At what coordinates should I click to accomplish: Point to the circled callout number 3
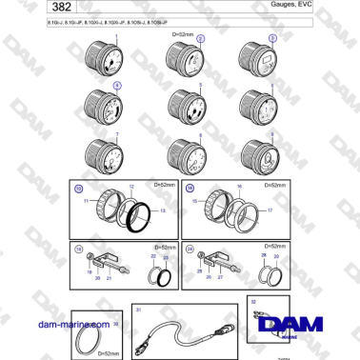point(272,38)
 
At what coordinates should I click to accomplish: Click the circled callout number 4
point(117,85)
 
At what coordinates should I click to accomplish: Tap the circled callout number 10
point(79,190)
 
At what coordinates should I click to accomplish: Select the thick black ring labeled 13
point(134,210)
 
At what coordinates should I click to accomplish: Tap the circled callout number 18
point(78,250)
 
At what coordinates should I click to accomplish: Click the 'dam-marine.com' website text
point(66,324)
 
